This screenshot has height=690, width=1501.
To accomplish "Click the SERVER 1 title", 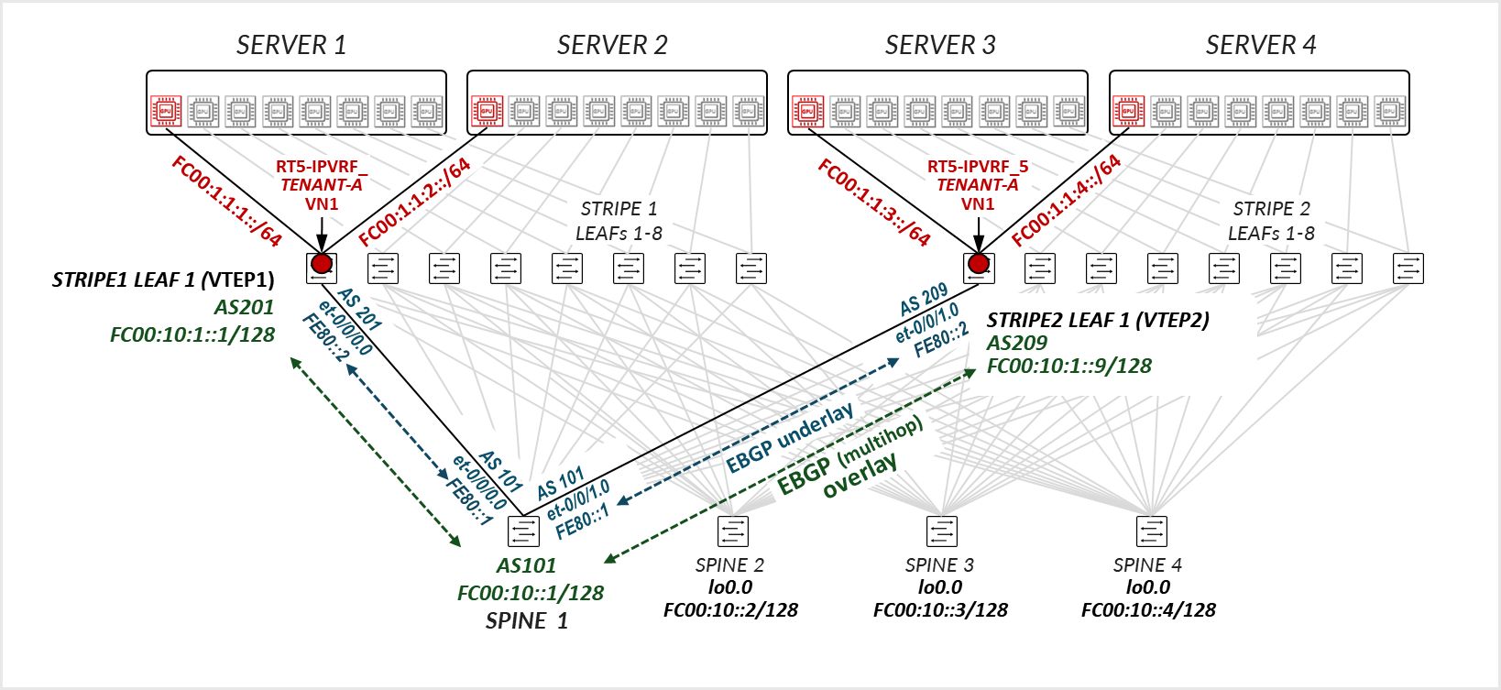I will pyautogui.click(x=291, y=45).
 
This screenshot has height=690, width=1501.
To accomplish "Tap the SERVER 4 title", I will pyautogui.click(x=1260, y=45).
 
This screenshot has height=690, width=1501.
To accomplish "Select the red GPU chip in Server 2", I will pyautogui.click(x=487, y=112).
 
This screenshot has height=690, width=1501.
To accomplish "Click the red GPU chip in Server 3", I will pyautogui.click(x=807, y=112).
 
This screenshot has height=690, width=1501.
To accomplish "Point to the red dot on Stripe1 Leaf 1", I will pyautogui.click(x=322, y=264).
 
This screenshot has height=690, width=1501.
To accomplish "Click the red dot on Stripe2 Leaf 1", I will pyautogui.click(x=979, y=264).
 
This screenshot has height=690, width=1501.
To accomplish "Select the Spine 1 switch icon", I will pyautogui.click(x=523, y=531).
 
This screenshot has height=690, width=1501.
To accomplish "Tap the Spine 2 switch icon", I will pyautogui.click(x=733, y=531).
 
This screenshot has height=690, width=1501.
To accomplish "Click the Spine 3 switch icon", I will pyautogui.click(x=942, y=531).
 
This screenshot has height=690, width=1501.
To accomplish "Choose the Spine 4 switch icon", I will pyautogui.click(x=1151, y=531).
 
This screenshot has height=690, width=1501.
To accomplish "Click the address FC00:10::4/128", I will pyautogui.click(x=1148, y=610).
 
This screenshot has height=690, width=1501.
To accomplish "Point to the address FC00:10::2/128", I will pyautogui.click(x=730, y=610).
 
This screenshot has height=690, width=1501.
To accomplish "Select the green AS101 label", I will pyautogui.click(x=526, y=566).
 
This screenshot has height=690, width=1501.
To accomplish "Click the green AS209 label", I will pyautogui.click(x=1016, y=343).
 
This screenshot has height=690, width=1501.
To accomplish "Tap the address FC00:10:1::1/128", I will pyautogui.click(x=192, y=335).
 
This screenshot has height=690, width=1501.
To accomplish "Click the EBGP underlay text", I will pyautogui.click(x=789, y=438).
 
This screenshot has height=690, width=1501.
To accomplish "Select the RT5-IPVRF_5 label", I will pyautogui.click(x=977, y=167).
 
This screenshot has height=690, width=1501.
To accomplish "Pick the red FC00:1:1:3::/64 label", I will pyautogui.click(x=874, y=203).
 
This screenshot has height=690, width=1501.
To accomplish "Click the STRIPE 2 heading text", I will pyautogui.click(x=1271, y=209).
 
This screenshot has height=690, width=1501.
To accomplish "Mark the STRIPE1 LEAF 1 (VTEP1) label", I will pyautogui.click(x=163, y=280).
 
